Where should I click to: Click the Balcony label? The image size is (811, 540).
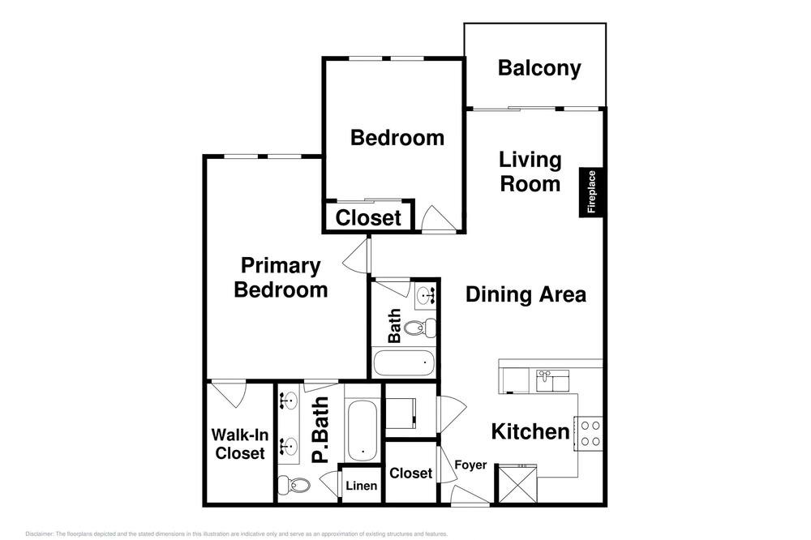pos(539,68)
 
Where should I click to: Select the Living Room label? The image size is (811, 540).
pos(530,172)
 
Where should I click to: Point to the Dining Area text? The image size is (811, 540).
pos(526,294)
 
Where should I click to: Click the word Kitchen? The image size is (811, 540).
pos(530,431)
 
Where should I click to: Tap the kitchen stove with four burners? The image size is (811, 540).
pos(589,434)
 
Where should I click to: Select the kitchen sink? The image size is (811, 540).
pos(552,380)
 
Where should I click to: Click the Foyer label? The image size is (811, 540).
pos(470,465)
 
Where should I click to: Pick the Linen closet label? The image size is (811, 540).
pos(362,486)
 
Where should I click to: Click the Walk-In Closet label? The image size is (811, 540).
pos(239,444)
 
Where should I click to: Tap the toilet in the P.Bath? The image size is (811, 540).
pos(294,485)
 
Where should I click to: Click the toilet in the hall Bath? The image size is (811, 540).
pos(419,328)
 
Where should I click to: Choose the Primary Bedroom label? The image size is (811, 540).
pos(281,277)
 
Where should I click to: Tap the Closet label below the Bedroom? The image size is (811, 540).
pos(367,218)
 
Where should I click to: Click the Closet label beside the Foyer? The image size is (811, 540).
pos(410,474)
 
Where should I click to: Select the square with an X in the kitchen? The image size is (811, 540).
pos(517,483)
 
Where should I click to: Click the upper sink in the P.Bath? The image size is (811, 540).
pos(290,401)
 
